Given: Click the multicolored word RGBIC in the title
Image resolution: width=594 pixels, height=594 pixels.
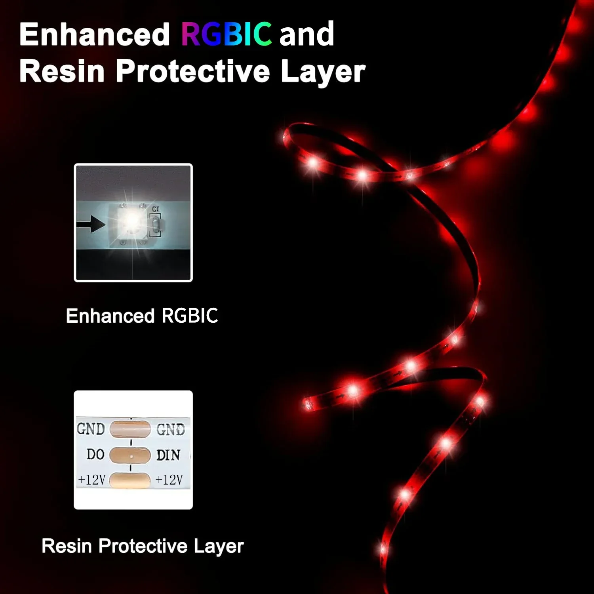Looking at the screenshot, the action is point(227,34).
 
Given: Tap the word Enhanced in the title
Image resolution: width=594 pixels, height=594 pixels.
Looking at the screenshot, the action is point(95,34).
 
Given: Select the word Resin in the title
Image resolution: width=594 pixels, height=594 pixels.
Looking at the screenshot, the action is point(62,71).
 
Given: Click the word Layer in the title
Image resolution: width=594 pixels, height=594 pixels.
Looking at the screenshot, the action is point(323,72).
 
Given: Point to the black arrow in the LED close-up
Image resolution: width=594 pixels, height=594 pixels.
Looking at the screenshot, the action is point(91,224).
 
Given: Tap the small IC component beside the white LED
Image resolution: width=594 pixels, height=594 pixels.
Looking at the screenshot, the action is point(155,225).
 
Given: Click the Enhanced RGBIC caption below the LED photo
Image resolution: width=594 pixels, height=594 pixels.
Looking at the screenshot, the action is point(142,316).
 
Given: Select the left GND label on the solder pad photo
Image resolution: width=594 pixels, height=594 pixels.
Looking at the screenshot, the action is point(91,429).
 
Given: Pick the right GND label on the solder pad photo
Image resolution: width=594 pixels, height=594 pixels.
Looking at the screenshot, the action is point(171,429).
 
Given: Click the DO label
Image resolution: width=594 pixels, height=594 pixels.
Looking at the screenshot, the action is point(95,454).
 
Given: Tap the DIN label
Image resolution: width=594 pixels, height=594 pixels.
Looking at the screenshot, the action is point(168,455).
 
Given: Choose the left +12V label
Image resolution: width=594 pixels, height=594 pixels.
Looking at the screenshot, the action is point(92,480).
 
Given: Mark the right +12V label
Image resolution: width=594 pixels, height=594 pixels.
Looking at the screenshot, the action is point(169,480).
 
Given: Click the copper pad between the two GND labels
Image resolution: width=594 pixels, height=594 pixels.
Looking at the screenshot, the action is point(130,429).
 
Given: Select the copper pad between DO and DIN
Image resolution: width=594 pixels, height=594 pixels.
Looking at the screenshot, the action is point(130,455).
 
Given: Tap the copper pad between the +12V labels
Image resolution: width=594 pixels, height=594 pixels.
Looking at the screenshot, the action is point(130,480).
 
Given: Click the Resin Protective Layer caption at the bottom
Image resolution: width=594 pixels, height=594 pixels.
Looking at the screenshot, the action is point(143,546).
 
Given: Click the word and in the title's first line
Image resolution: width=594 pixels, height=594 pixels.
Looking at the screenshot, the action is point(307,34).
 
